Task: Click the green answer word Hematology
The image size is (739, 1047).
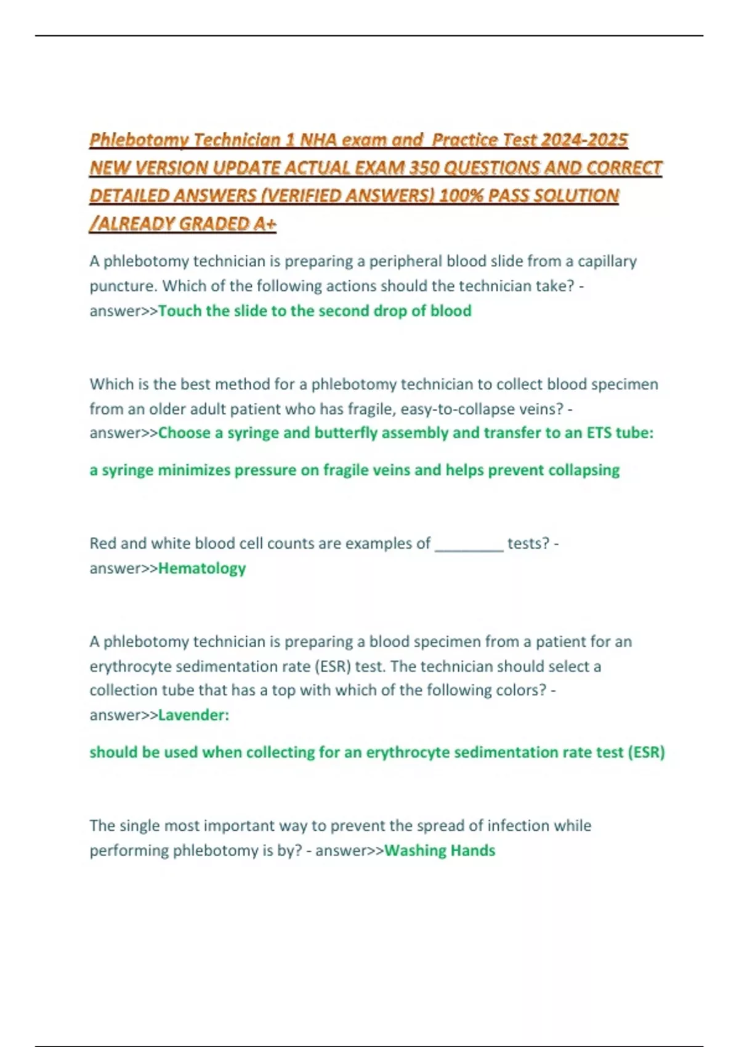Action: [202, 568]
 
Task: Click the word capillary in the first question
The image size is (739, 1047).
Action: [607, 261]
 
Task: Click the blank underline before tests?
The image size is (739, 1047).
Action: [469, 544]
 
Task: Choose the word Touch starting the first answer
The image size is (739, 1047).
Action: [179, 311]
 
